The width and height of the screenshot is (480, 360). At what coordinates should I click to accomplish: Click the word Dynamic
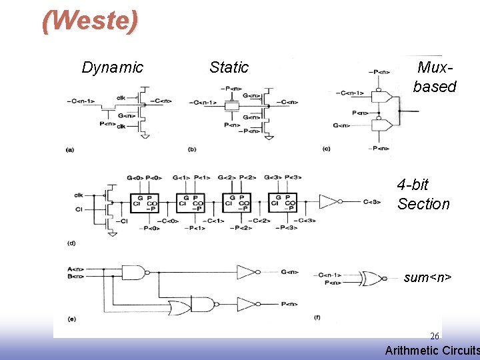pyautogui.click(x=112, y=67)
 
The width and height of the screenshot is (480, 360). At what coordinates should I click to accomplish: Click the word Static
pyautogui.click(x=229, y=67)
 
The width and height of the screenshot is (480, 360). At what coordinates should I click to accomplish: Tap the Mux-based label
pyautogui.click(x=434, y=77)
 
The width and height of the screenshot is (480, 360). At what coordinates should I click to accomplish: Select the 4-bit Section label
pyautogui.click(x=423, y=194)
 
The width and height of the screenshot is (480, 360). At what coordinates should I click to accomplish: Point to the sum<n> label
pyautogui.click(x=427, y=277)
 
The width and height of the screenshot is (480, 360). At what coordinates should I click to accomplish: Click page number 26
pyautogui.click(x=434, y=336)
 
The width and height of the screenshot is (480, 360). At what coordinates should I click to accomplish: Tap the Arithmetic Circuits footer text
pyautogui.click(x=432, y=350)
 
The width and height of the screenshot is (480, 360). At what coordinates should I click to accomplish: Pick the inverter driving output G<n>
pyautogui.click(x=247, y=272)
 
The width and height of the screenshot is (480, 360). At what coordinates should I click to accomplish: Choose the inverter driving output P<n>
pyautogui.click(x=247, y=305)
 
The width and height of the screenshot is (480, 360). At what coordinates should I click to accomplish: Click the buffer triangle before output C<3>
pyautogui.click(x=331, y=201)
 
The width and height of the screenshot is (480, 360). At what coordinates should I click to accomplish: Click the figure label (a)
pyautogui.click(x=69, y=150)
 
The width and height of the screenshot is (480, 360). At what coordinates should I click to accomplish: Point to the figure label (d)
pyautogui.click(x=71, y=243)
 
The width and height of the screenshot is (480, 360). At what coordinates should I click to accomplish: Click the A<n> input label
pyautogui.click(x=75, y=269)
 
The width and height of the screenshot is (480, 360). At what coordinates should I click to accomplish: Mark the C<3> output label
pyautogui.click(x=373, y=202)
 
